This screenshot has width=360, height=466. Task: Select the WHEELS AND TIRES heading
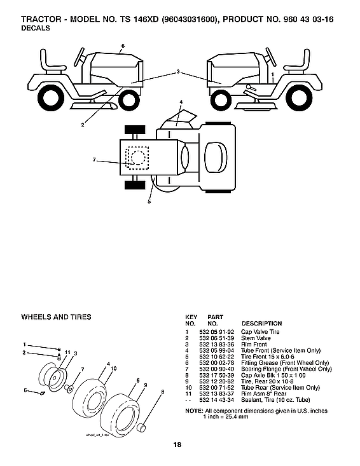(x=56, y=317)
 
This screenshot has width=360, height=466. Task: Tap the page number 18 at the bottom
(x=176, y=444)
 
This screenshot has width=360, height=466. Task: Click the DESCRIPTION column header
(x=261, y=324)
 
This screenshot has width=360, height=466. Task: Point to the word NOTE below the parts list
(x=193, y=411)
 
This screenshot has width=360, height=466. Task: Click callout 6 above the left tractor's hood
(x=123, y=46)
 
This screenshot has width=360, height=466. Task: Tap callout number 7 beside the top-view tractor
(x=93, y=160)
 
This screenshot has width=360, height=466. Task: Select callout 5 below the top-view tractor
(x=149, y=202)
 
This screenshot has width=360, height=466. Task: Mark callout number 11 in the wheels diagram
(x=67, y=351)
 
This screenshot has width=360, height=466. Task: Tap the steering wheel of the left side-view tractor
(x=82, y=57)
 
